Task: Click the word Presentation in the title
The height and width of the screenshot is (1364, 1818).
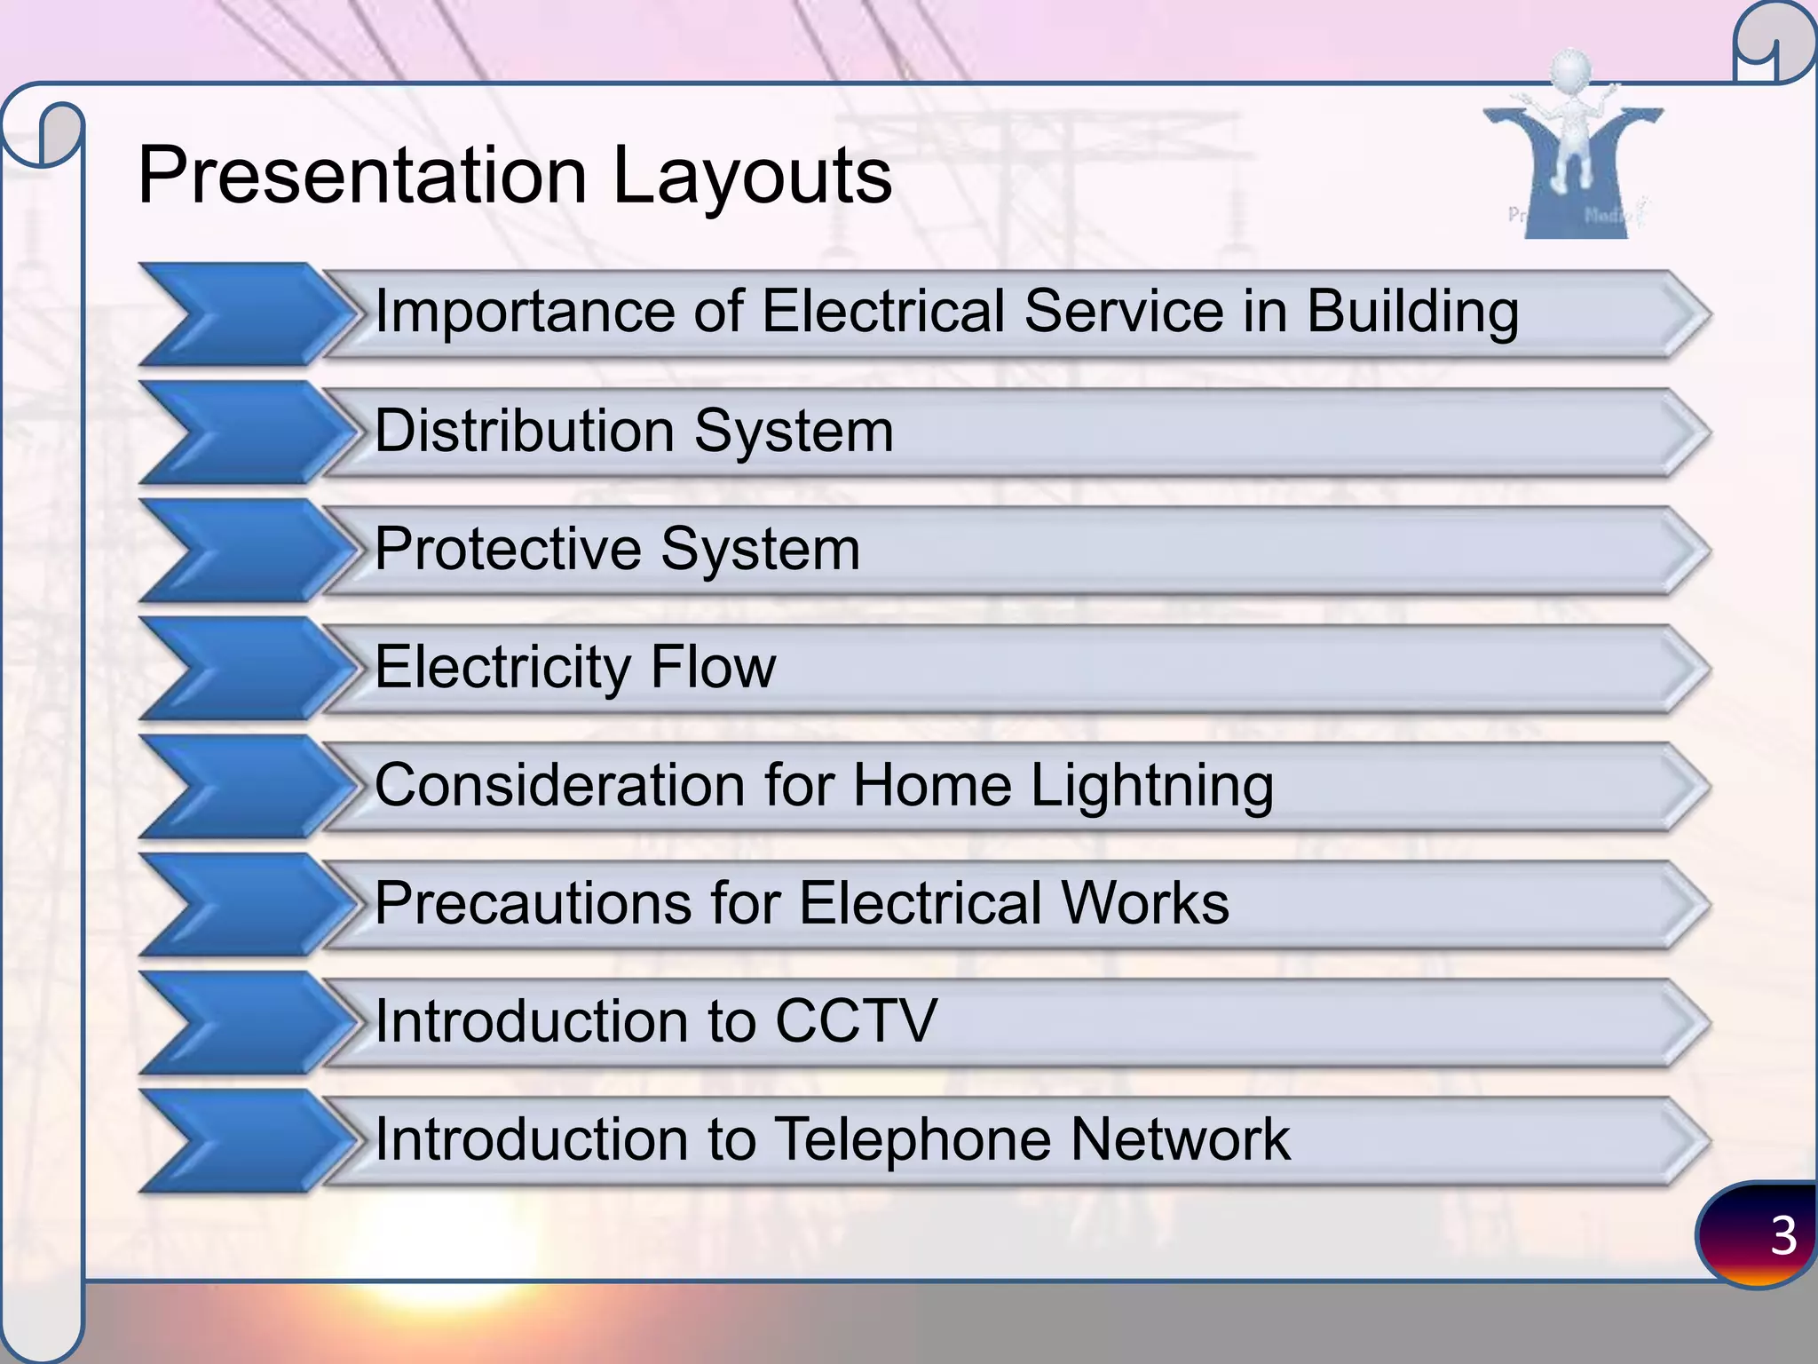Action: click(x=362, y=175)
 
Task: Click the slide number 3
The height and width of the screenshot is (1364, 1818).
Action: click(x=1782, y=1235)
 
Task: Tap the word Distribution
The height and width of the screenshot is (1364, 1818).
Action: click(x=524, y=432)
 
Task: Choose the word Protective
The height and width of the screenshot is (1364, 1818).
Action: click(x=506, y=549)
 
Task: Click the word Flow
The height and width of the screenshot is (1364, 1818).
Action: click(x=713, y=667)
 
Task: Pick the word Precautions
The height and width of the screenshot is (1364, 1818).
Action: click(x=531, y=904)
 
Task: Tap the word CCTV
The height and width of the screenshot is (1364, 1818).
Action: click(x=856, y=1021)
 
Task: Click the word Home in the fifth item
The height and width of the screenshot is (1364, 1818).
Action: click(x=931, y=786)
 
